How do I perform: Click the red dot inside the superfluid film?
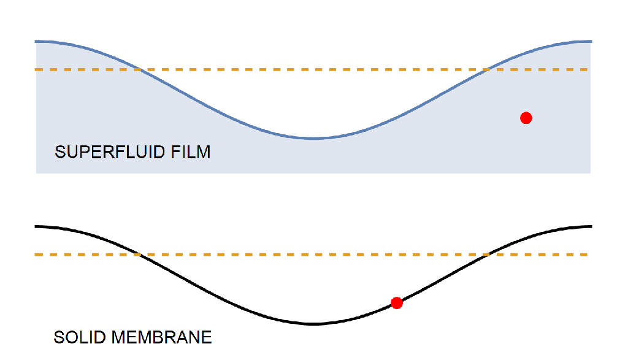[526, 118]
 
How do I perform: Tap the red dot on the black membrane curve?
[397, 302]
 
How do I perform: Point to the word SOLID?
[76, 337]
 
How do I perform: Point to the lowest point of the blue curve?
[313, 138]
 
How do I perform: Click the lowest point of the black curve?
[313, 324]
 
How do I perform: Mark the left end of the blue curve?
[36, 41]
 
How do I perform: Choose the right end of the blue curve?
[591, 41]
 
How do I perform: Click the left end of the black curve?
[36, 226]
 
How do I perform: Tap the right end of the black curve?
[591, 226]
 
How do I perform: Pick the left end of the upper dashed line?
[36, 70]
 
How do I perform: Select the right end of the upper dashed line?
[590, 70]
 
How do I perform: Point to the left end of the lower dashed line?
[36, 255]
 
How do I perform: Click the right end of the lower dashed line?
[590, 255]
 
